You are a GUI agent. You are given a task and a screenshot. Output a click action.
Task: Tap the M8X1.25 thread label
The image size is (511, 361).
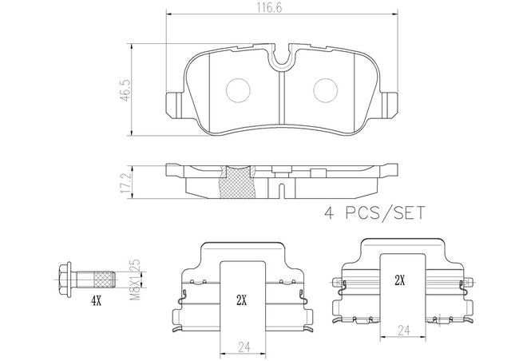pos(135,280)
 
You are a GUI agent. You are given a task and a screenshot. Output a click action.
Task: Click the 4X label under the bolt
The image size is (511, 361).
pos(96,302)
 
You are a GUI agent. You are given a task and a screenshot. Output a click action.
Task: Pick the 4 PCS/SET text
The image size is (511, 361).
pos(374,213)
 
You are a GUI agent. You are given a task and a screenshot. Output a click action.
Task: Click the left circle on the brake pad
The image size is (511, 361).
pos(238,91)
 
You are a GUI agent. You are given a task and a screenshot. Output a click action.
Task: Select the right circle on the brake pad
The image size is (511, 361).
pos(325,91)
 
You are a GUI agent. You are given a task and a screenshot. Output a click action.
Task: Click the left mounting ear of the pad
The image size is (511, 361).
pos(175,105)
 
